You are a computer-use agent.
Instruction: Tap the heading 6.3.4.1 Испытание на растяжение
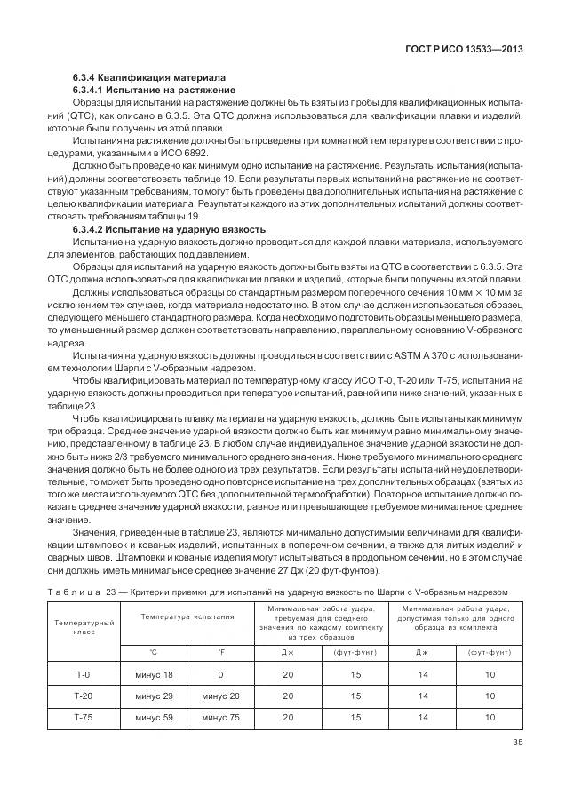tap(154, 90)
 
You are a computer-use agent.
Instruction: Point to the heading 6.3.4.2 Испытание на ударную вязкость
tap(169, 229)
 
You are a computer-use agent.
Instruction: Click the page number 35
tap(517, 744)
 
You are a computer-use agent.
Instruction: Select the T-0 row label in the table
tap(84, 676)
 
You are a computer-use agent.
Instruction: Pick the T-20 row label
tap(84, 696)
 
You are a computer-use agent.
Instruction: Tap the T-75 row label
tap(84, 717)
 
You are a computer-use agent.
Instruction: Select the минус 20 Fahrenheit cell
tap(221, 696)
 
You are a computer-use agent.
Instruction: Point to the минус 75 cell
tap(221, 717)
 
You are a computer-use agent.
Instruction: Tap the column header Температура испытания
tap(187, 615)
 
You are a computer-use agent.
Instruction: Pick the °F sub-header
tap(221, 651)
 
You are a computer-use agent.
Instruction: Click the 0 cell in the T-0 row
tap(221, 676)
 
